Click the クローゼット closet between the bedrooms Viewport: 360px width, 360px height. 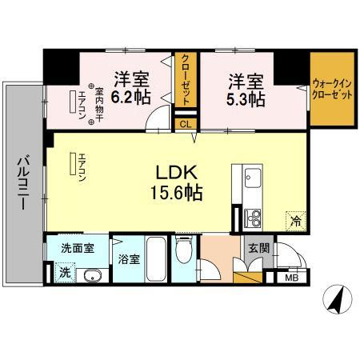click(x=185, y=80)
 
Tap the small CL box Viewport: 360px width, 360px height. click(x=185, y=123)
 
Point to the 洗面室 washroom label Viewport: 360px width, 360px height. click(x=78, y=247)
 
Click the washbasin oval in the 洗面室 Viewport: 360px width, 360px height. click(x=90, y=276)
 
